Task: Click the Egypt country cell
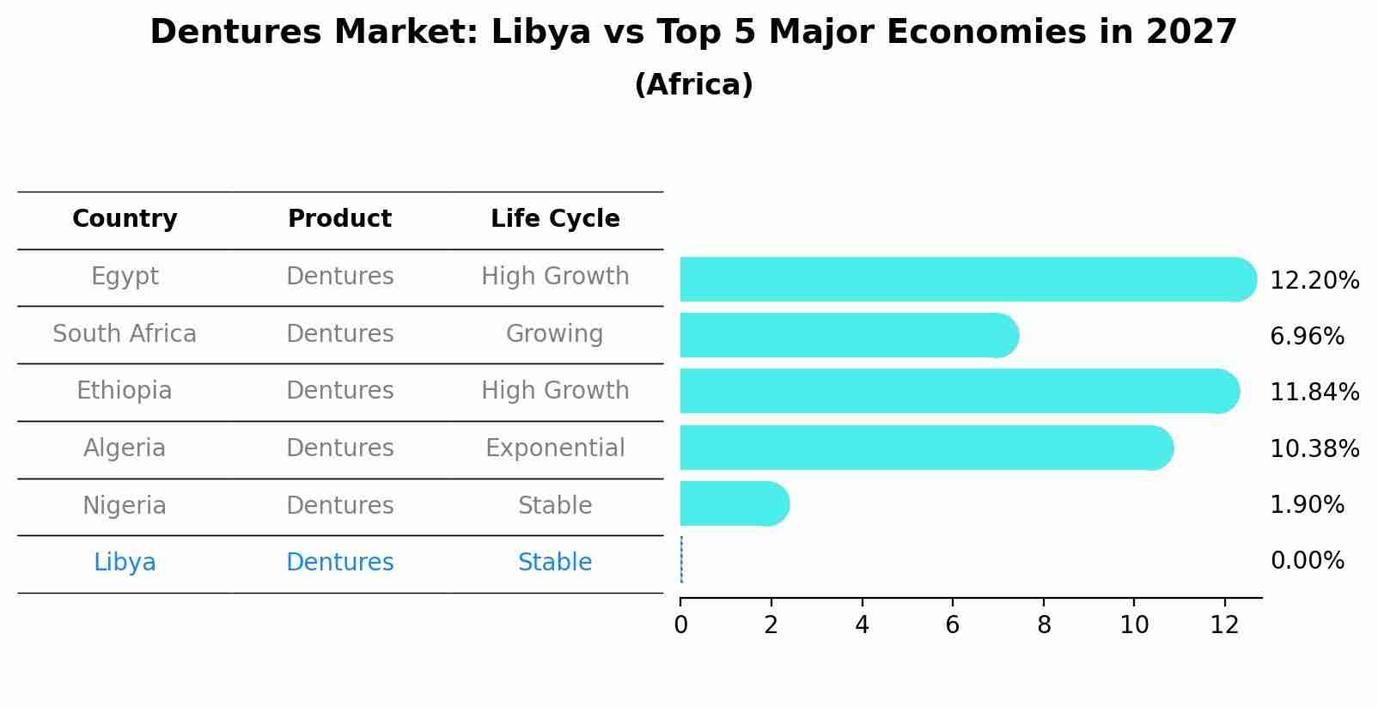click(125, 277)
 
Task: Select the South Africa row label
click(125, 334)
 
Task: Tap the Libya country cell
click(125, 563)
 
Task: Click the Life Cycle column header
click(555, 219)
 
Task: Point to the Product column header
click(339, 219)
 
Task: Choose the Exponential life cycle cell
click(555, 448)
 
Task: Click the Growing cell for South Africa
click(555, 334)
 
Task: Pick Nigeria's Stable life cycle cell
click(555, 506)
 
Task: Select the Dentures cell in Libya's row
click(339, 563)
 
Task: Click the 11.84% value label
click(1314, 393)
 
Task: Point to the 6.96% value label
click(1307, 337)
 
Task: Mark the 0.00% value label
click(1307, 562)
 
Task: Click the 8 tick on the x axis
click(1044, 625)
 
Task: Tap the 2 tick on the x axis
click(771, 625)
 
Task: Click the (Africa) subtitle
click(693, 85)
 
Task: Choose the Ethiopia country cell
click(125, 391)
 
